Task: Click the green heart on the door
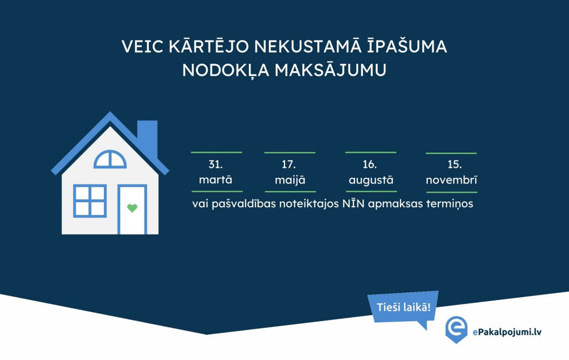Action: point(132,208)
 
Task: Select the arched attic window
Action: point(110,159)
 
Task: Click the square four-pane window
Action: point(90,201)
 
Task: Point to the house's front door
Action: point(132,209)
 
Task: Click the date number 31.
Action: point(216,164)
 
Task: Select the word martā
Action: point(216,179)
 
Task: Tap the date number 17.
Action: point(289,164)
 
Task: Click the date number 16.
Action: point(370,164)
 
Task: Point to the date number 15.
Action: point(455,164)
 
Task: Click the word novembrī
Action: point(451,179)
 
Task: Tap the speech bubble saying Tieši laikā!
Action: point(403,308)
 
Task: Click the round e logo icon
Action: point(456,329)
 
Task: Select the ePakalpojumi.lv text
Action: point(507,332)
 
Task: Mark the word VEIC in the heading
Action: point(142,47)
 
